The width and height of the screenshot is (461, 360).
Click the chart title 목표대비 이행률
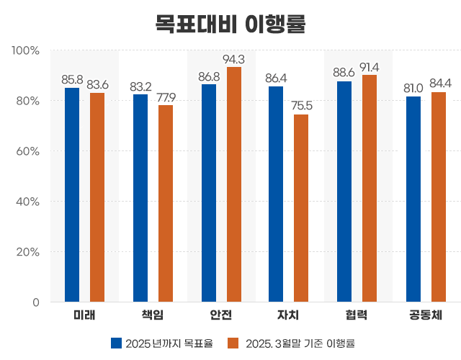(x=230, y=23)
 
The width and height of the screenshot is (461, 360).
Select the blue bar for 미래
(x=72, y=194)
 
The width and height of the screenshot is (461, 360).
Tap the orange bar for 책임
(x=166, y=203)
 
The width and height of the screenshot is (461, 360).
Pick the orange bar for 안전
(x=234, y=184)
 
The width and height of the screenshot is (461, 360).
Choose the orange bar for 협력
(x=370, y=188)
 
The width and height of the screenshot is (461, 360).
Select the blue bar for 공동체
(x=413, y=199)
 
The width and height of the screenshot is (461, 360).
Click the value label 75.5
(x=302, y=106)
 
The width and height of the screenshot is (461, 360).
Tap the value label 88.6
(x=344, y=73)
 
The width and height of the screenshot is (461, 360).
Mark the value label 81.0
(x=413, y=89)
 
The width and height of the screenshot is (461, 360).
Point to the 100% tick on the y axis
(x=25, y=50)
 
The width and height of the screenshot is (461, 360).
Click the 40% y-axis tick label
(x=27, y=202)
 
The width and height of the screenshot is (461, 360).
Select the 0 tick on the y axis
(x=35, y=302)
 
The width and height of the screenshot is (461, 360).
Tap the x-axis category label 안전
(x=221, y=315)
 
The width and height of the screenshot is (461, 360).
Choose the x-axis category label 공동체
(x=426, y=315)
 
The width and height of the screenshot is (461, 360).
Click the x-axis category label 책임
(x=153, y=315)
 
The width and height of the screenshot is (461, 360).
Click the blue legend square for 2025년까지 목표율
(x=116, y=343)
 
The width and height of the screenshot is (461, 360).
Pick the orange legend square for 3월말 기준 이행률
(x=233, y=343)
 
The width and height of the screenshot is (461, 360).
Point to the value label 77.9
(x=166, y=96)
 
